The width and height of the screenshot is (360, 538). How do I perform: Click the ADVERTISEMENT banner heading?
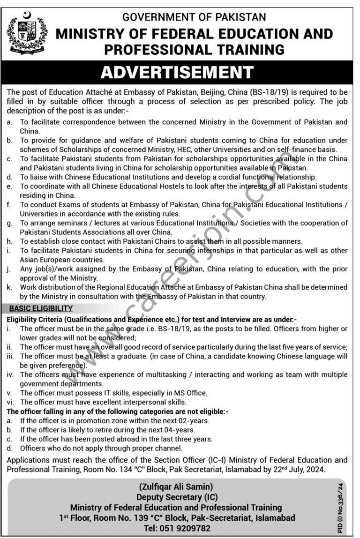pyautogui.click(x=177, y=72)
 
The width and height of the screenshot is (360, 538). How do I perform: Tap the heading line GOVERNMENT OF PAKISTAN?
pyautogui.click(x=194, y=18)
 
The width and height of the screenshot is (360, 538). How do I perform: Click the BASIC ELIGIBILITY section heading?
pyautogui.click(x=41, y=308)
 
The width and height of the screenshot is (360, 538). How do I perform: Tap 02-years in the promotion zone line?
pyautogui.click(x=194, y=420)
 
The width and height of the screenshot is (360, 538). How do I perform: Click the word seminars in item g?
pyautogui.click(x=69, y=223)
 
